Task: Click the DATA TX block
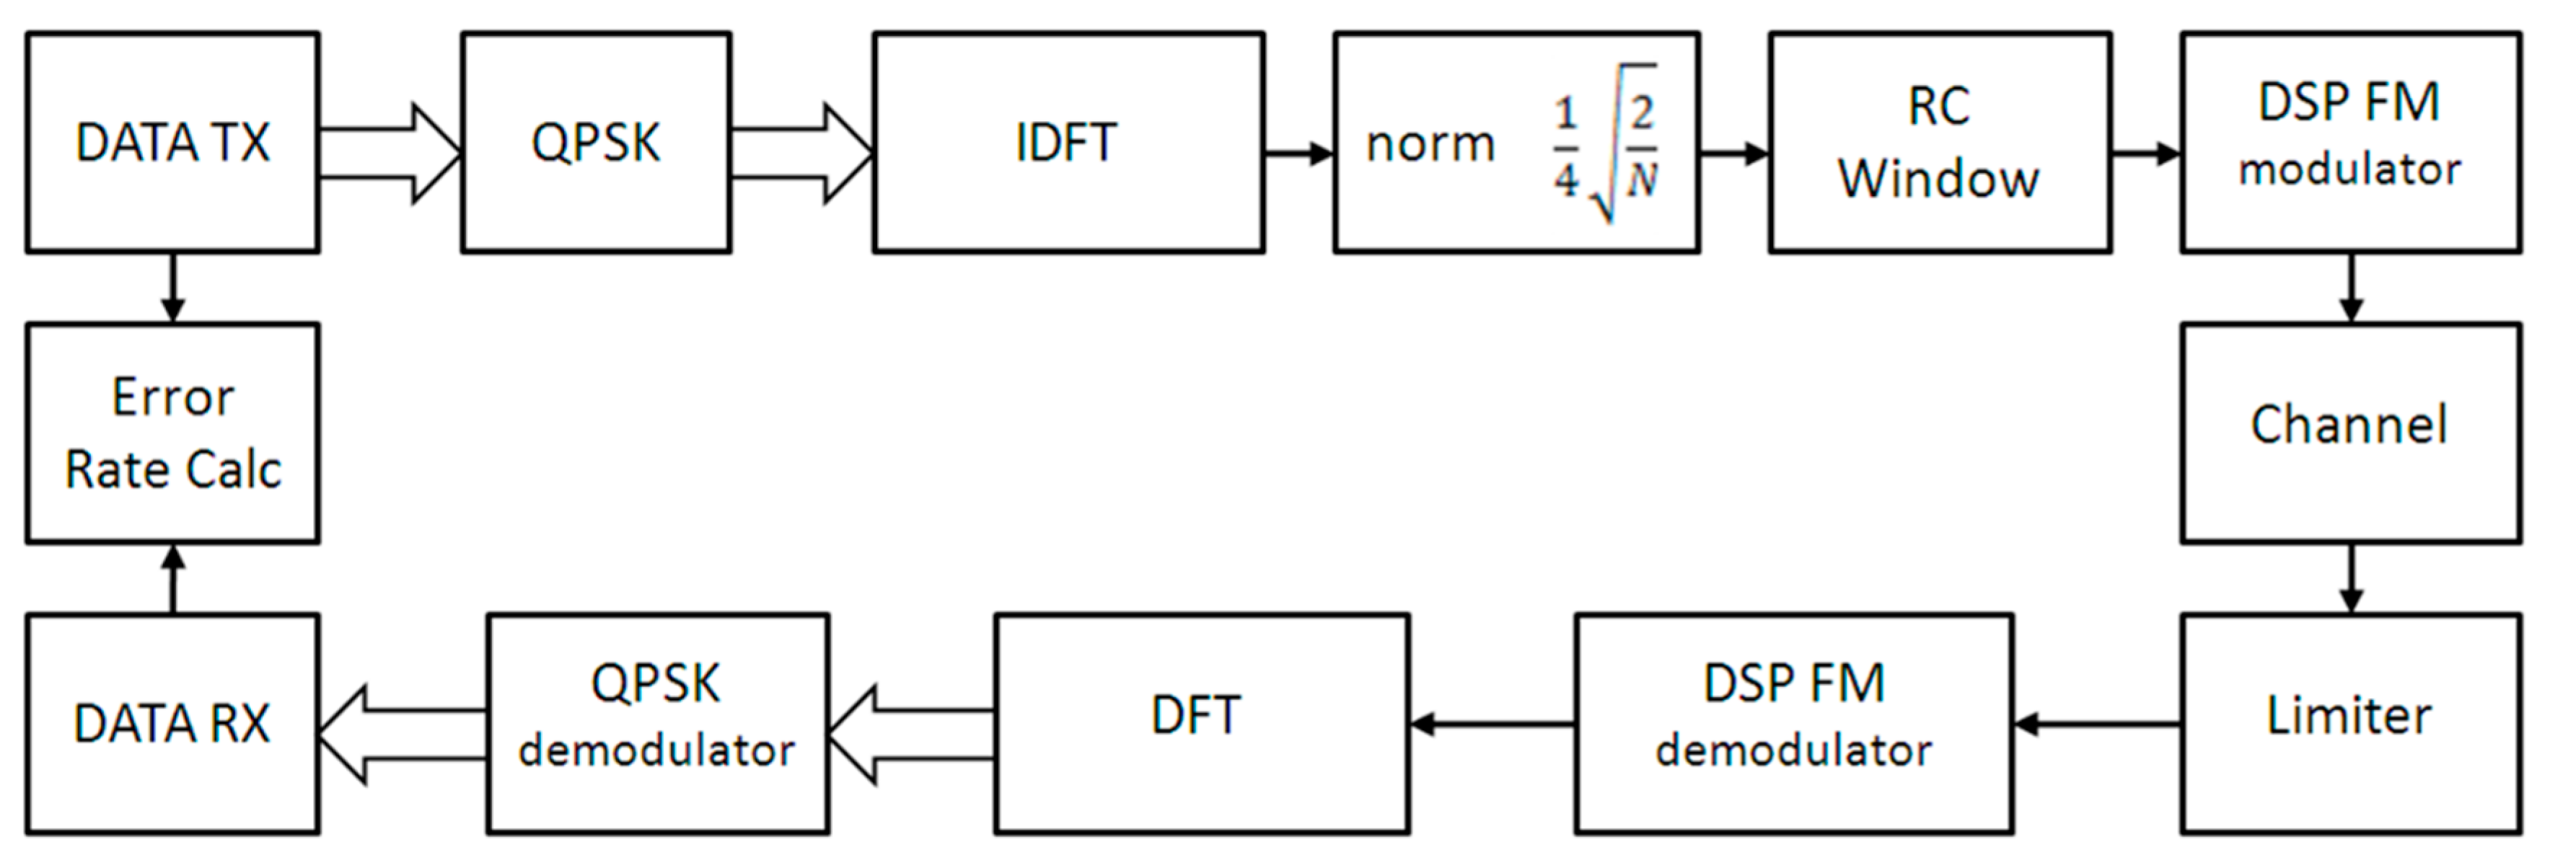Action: [172, 143]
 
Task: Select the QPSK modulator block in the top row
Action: [595, 143]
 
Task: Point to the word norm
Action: [1430, 144]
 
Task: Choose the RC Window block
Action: [1938, 143]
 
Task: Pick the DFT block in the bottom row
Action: [1201, 722]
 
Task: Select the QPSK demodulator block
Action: [656, 722]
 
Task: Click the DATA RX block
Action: [172, 722]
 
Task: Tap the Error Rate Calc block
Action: [172, 433]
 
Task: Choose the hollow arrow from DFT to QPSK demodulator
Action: [910, 735]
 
